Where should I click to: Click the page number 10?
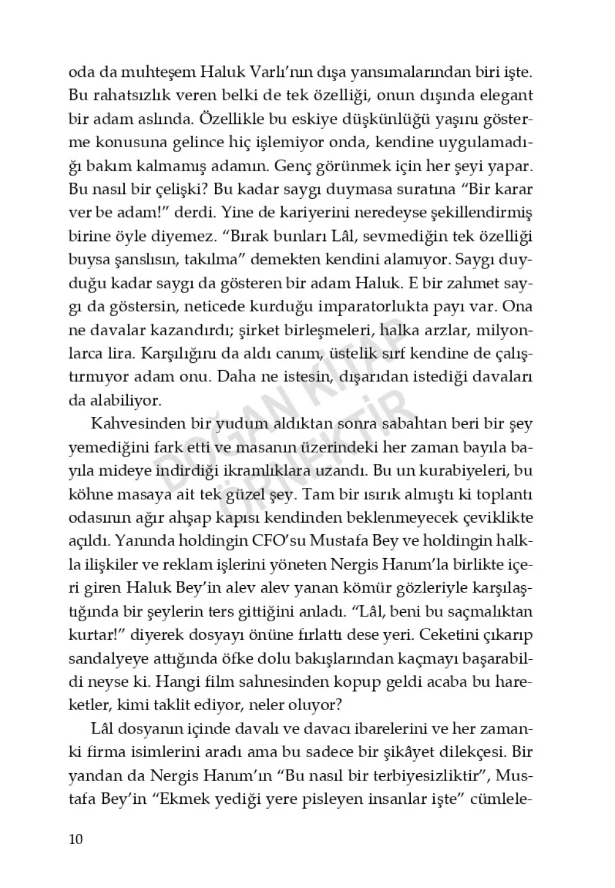click(76, 839)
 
